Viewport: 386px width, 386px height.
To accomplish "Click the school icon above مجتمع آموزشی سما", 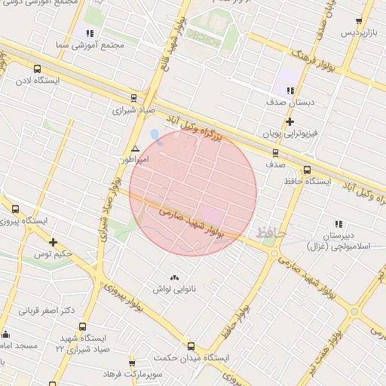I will point(90,33).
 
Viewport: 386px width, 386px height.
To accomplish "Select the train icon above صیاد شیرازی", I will point(133,97).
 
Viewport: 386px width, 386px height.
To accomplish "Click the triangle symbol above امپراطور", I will point(135,149).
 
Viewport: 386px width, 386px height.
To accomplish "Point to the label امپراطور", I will point(135,161).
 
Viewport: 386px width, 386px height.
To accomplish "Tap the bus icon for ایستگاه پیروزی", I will point(16,209).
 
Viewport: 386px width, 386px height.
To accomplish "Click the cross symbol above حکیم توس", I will point(53,242).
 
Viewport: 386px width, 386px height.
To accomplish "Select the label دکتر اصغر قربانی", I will point(47,310).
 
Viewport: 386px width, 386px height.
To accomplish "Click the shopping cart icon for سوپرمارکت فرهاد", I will point(133,363).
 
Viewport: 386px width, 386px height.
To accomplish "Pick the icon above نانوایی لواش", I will point(175,277).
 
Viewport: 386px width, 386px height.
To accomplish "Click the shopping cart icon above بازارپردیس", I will point(359,22).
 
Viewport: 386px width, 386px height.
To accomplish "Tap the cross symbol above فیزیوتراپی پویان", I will point(289,121).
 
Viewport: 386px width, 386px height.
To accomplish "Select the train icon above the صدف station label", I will point(275,151).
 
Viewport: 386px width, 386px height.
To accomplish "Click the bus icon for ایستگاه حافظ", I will point(307,170).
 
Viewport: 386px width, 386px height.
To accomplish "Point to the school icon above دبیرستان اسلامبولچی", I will point(339,223).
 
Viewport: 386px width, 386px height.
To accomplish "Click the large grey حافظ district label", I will point(271,234).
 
